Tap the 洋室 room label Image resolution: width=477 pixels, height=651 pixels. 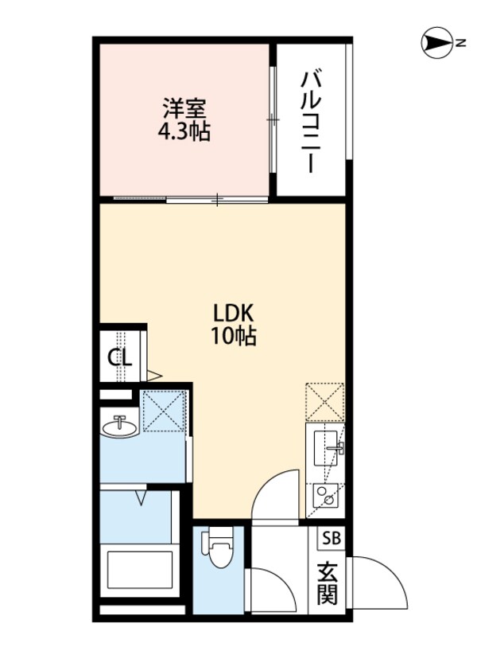tap(187, 106)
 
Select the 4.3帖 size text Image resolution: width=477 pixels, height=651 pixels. tap(187, 131)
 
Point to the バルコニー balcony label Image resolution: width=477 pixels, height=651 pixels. tap(311, 122)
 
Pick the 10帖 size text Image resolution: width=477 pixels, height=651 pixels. tap(233, 337)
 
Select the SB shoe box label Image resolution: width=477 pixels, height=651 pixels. tap(330, 538)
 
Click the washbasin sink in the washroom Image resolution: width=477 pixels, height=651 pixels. tap(120, 427)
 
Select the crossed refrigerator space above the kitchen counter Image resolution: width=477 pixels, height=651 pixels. tap(324, 402)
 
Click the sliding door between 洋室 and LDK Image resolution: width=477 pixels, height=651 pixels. tap(216, 198)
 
